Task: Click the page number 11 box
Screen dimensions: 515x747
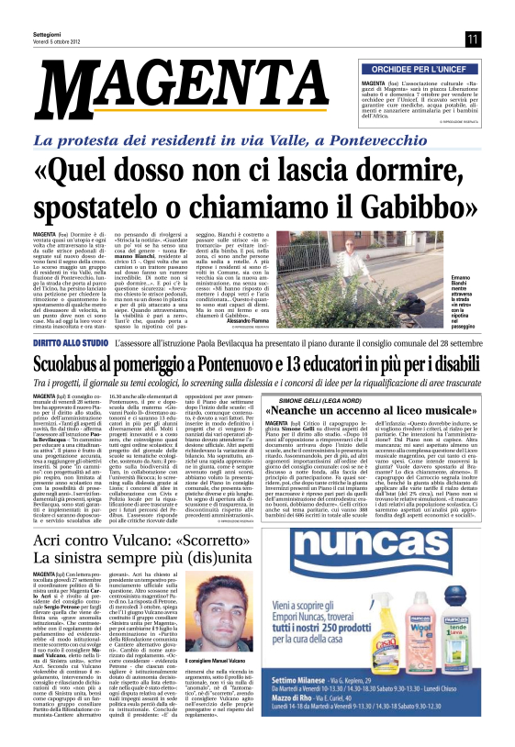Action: tap(473, 39)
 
